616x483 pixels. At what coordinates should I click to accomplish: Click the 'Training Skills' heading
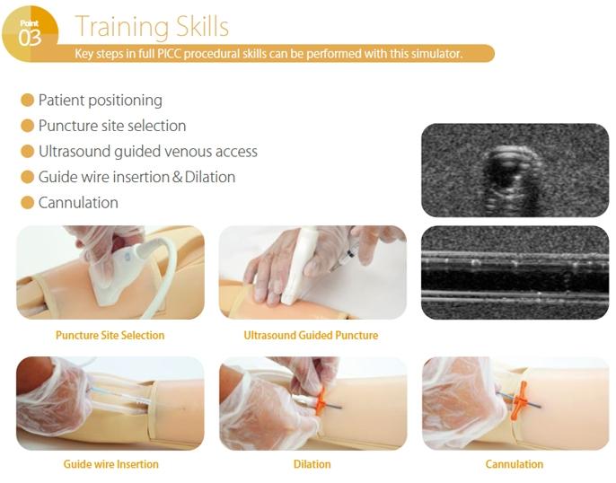tap(152, 27)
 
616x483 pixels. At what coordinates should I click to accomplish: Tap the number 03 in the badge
tap(30, 38)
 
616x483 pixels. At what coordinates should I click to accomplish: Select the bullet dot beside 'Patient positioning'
tap(27, 101)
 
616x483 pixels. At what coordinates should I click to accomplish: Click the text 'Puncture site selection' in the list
tap(112, 126)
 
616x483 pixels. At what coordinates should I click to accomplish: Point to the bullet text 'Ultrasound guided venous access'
tap(147, 152)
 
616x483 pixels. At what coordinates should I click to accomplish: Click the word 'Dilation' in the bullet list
tap(210, 177)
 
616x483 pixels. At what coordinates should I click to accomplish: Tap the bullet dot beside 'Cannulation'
tap(27, 203)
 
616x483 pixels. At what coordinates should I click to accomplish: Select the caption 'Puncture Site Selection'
tap(110, 336)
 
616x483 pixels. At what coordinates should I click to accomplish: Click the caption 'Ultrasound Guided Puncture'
tap(311, 336)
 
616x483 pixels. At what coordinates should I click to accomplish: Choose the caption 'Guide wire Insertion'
tap(110, 464)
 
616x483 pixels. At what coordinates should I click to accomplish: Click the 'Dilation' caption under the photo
tap(312, 464)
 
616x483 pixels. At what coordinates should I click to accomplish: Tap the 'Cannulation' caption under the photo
tap(515, 464)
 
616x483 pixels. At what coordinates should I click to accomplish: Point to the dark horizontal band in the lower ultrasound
tap(515, 280)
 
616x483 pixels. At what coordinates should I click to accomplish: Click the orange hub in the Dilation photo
tap(321, 400)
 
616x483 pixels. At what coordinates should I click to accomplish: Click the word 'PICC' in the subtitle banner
tap(170, 53)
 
